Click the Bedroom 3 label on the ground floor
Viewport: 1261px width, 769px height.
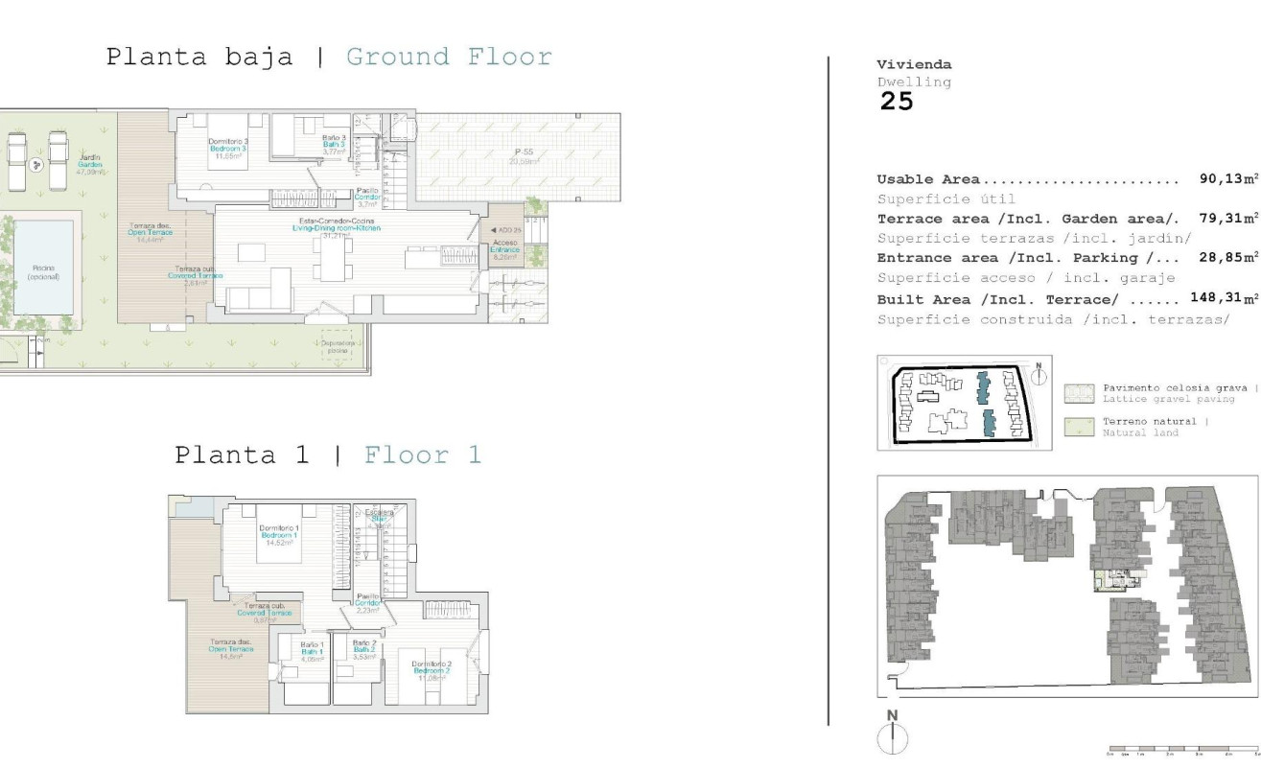[x=227, y=149]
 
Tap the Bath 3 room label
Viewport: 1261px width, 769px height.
[x=334, y=145]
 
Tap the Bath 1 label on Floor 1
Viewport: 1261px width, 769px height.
[x=312, y=650]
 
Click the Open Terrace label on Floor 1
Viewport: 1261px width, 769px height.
[x=230, y=649]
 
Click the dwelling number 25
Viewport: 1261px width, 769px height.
[x=897, y=103]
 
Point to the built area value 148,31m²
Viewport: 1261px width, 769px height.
[x=1224, y=298]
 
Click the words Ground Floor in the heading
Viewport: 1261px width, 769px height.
[x=449, y=57]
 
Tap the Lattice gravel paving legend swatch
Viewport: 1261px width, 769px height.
[x=1079, y=393]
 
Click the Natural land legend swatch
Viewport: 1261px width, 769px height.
[x=1079, y=427]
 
